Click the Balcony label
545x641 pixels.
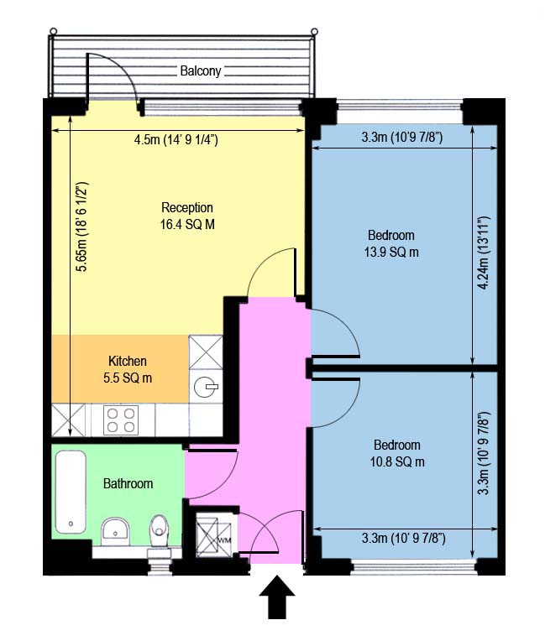201,71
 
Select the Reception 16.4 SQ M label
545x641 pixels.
187,216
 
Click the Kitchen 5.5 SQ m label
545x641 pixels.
128,369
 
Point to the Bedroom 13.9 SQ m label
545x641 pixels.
392,243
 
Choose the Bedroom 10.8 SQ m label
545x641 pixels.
397,453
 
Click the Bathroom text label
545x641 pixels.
128,484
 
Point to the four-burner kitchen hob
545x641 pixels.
121,420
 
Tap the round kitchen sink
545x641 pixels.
205,387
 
